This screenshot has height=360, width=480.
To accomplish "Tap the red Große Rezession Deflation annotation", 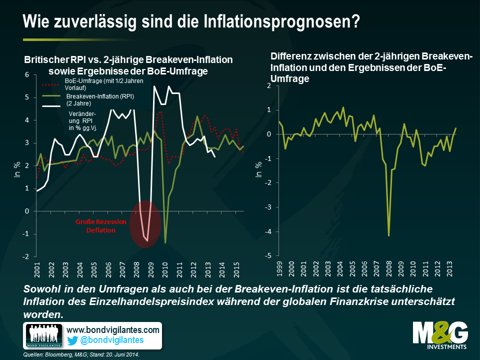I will pos(95,226).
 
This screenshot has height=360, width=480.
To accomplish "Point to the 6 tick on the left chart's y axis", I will pos(27,75).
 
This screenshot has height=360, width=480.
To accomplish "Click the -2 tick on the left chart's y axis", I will pos(26,256).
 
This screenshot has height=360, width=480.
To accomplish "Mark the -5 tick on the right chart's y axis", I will pos(268,255).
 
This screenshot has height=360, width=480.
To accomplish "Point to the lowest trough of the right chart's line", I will pos(388,235).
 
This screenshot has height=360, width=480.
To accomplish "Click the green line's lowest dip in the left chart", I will pos(165,243).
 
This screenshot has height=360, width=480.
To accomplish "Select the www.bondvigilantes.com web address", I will pos(113,330).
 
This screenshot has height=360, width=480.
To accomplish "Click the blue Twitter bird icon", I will pos(72,340).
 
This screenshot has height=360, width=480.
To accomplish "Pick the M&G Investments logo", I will pos(440,334).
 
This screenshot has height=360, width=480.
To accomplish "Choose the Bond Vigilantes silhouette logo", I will pos(43,335).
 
